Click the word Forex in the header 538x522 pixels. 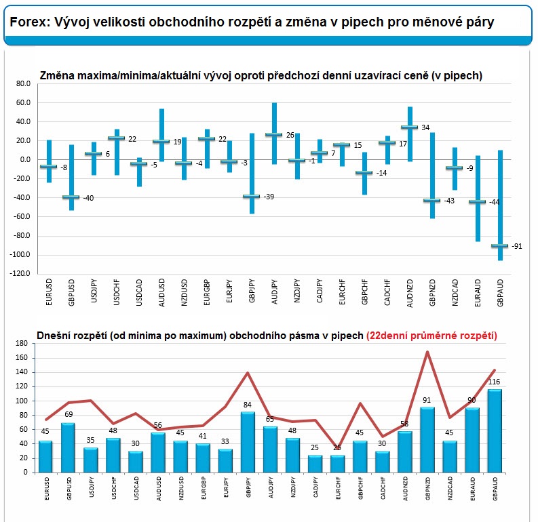26,22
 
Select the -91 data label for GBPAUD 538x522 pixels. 517,246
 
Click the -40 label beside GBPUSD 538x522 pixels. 88,197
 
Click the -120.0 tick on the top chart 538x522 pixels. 20,274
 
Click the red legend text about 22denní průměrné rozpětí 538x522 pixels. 431,336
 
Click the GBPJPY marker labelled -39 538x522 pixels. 252,197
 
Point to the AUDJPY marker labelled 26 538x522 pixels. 274,135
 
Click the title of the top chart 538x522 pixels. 261,76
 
